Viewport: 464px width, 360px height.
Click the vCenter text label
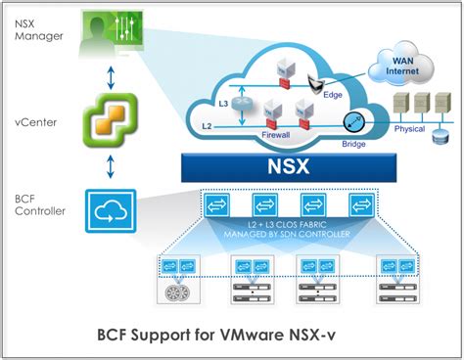click(34, 122)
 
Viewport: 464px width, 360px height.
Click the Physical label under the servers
click(413, 128)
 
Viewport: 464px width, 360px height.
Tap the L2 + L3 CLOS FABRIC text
click(292, 228)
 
